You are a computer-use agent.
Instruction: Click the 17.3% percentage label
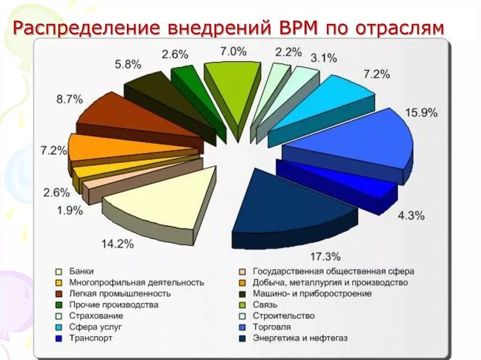tap(325, 257)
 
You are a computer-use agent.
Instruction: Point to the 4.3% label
tap(411, 216)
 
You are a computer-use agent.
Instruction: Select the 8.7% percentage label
tap(70, 99)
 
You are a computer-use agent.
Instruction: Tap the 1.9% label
tap(70, 211)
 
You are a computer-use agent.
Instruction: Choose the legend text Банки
tap(82, 271)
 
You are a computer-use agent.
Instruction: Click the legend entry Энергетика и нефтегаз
tap(301, 338)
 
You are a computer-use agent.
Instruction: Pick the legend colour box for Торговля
tap(242, 327)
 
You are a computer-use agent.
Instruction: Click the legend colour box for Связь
tap(242, 305)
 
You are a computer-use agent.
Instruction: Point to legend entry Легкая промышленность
tap(120, 294)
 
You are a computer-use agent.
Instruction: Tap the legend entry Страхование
tap(96, 316)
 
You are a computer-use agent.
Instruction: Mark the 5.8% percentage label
tap(128, 65)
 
